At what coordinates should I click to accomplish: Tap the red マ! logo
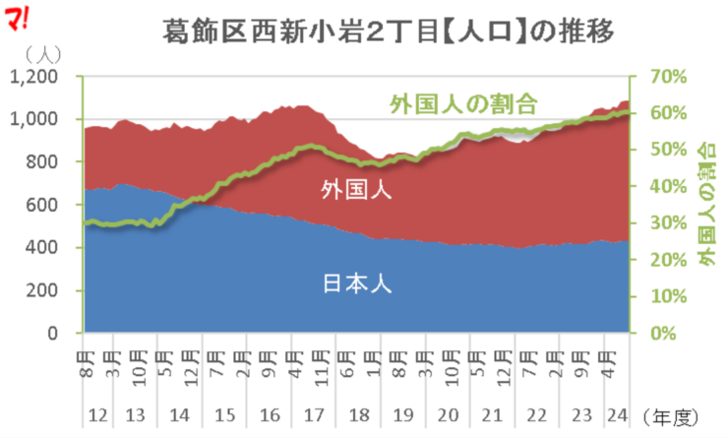[x=19, y=17]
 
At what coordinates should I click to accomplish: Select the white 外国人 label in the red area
[x=356, y=190]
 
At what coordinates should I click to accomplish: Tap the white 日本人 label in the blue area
[x=356, y=284]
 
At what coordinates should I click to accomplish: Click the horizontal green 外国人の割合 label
[x=463, y=101]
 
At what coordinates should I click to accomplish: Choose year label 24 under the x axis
[x=617, y=413]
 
